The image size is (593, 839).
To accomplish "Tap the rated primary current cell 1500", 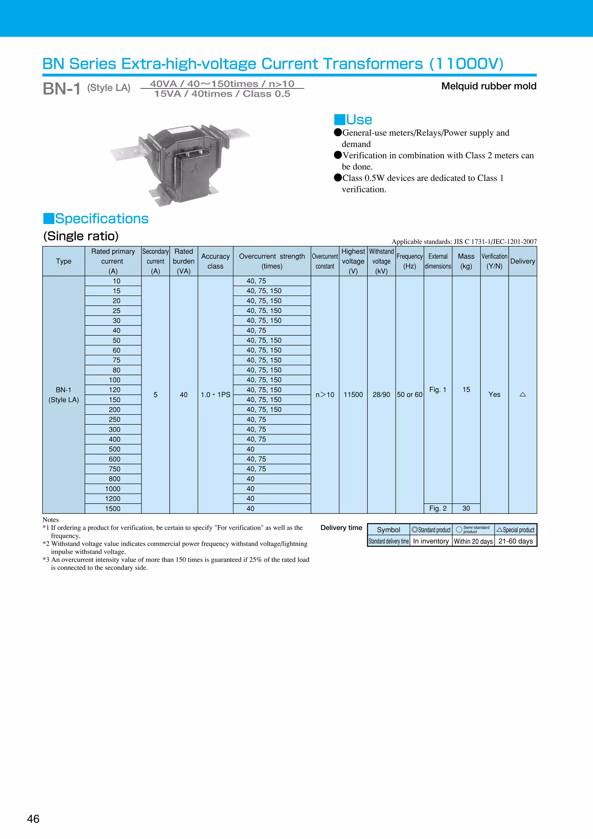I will pos(113,508).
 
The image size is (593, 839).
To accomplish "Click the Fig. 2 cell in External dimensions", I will pos(438,508).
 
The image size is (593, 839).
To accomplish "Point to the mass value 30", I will pos(466,508).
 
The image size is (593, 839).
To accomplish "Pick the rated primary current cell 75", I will pos(116,360).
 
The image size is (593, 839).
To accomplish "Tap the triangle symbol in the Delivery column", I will pos(523,394).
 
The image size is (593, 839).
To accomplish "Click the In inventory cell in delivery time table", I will pos(431,541).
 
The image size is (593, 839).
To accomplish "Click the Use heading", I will pos(354,119).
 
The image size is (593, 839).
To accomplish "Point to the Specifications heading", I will pos(96,219).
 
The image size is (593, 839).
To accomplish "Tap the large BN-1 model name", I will pos(61,89).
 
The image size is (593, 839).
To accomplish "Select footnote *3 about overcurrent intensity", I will pos(175,563).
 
